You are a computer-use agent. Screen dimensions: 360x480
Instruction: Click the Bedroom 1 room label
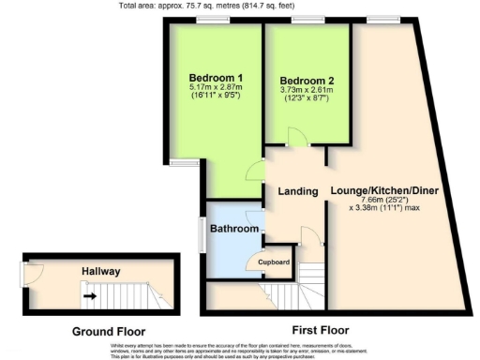point(216,78)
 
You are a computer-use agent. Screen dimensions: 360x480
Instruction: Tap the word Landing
point(299,191)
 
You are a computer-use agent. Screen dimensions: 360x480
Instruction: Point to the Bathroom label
point(233,229)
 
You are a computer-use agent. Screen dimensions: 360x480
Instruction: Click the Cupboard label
point(274,263)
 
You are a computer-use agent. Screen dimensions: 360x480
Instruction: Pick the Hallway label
point(99,271)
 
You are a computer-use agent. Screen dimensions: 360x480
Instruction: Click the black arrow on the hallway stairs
point(90,297)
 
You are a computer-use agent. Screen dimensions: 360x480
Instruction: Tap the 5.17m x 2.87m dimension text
point(216,89)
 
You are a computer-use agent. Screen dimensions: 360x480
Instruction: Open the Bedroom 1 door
point(254,172)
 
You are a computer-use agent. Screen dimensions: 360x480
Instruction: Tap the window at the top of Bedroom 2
point(307,20)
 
